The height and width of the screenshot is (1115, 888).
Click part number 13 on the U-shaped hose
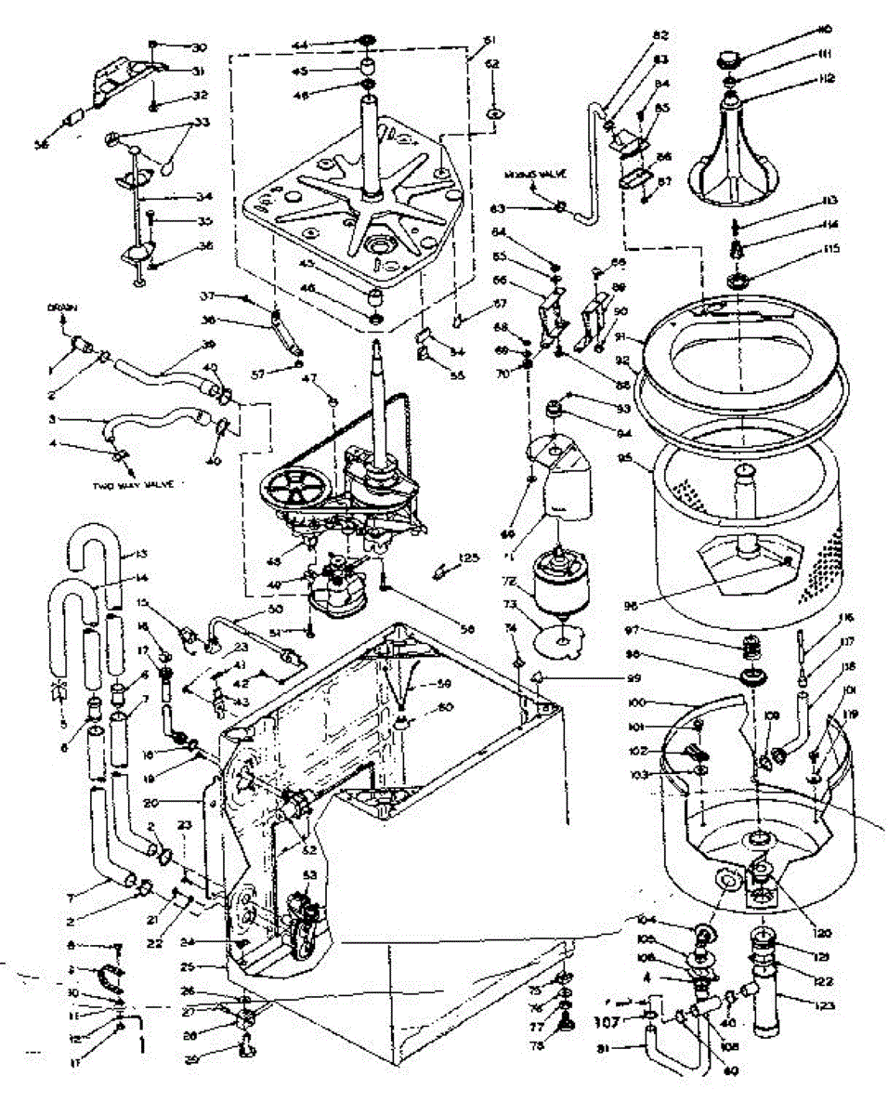pos(141,555)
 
